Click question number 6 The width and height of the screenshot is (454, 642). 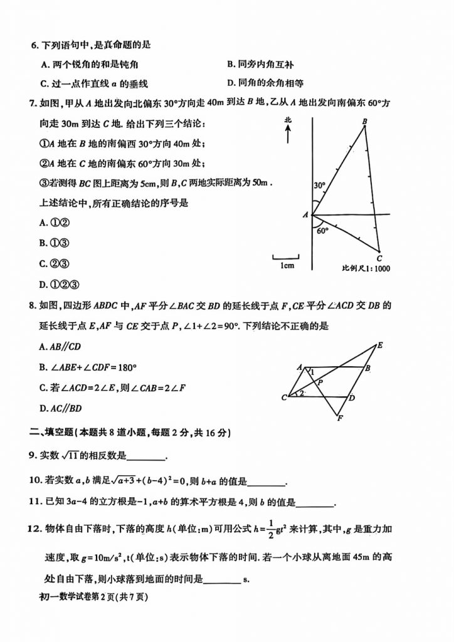click(x=35, y=45)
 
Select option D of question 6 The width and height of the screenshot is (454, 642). click(x=266, y=83)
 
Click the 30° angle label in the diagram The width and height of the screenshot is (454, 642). click(x=320, y=186)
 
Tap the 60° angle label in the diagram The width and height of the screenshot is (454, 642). click(x=323, y=230)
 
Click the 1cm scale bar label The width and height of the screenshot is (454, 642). click(x=287, y=266)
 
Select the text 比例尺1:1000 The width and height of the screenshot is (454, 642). click(x=367, y=268)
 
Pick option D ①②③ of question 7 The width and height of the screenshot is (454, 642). click(x=56, y=284)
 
